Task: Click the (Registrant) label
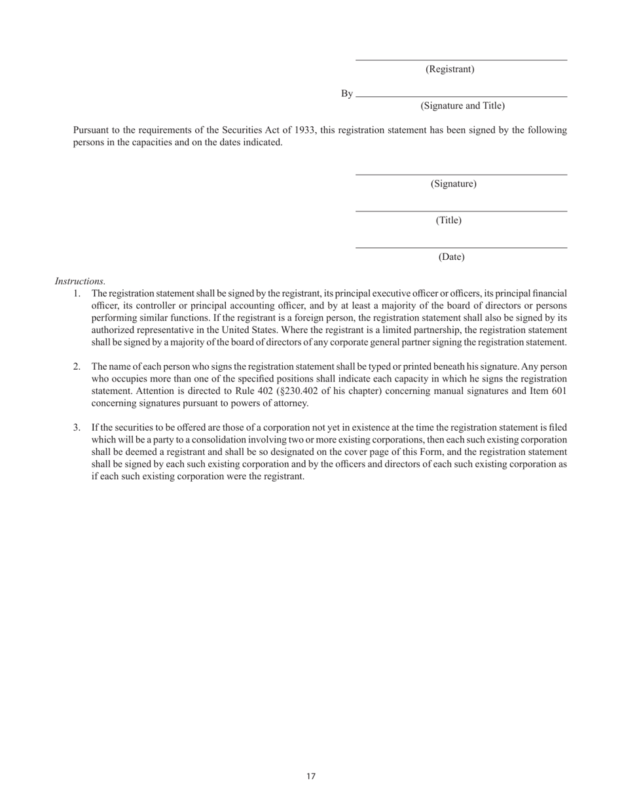tap(450, 69)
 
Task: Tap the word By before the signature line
tap(346, 94)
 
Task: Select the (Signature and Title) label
tap(462, 106)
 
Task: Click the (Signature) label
tap(453, 184)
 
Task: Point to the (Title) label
tap(448, 221)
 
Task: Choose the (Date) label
tap(451, 257)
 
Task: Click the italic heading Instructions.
tap(80, 281)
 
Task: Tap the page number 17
tap(311, 777)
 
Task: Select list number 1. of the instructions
tap(77, 294)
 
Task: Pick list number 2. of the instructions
tap(77, 367)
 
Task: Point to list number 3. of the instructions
tap(77, 428)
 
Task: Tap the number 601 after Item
tap(558, 391)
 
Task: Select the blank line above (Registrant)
tap(461, 60)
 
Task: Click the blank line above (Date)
tap(461, 248)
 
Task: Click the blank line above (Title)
tap(461, 211)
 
